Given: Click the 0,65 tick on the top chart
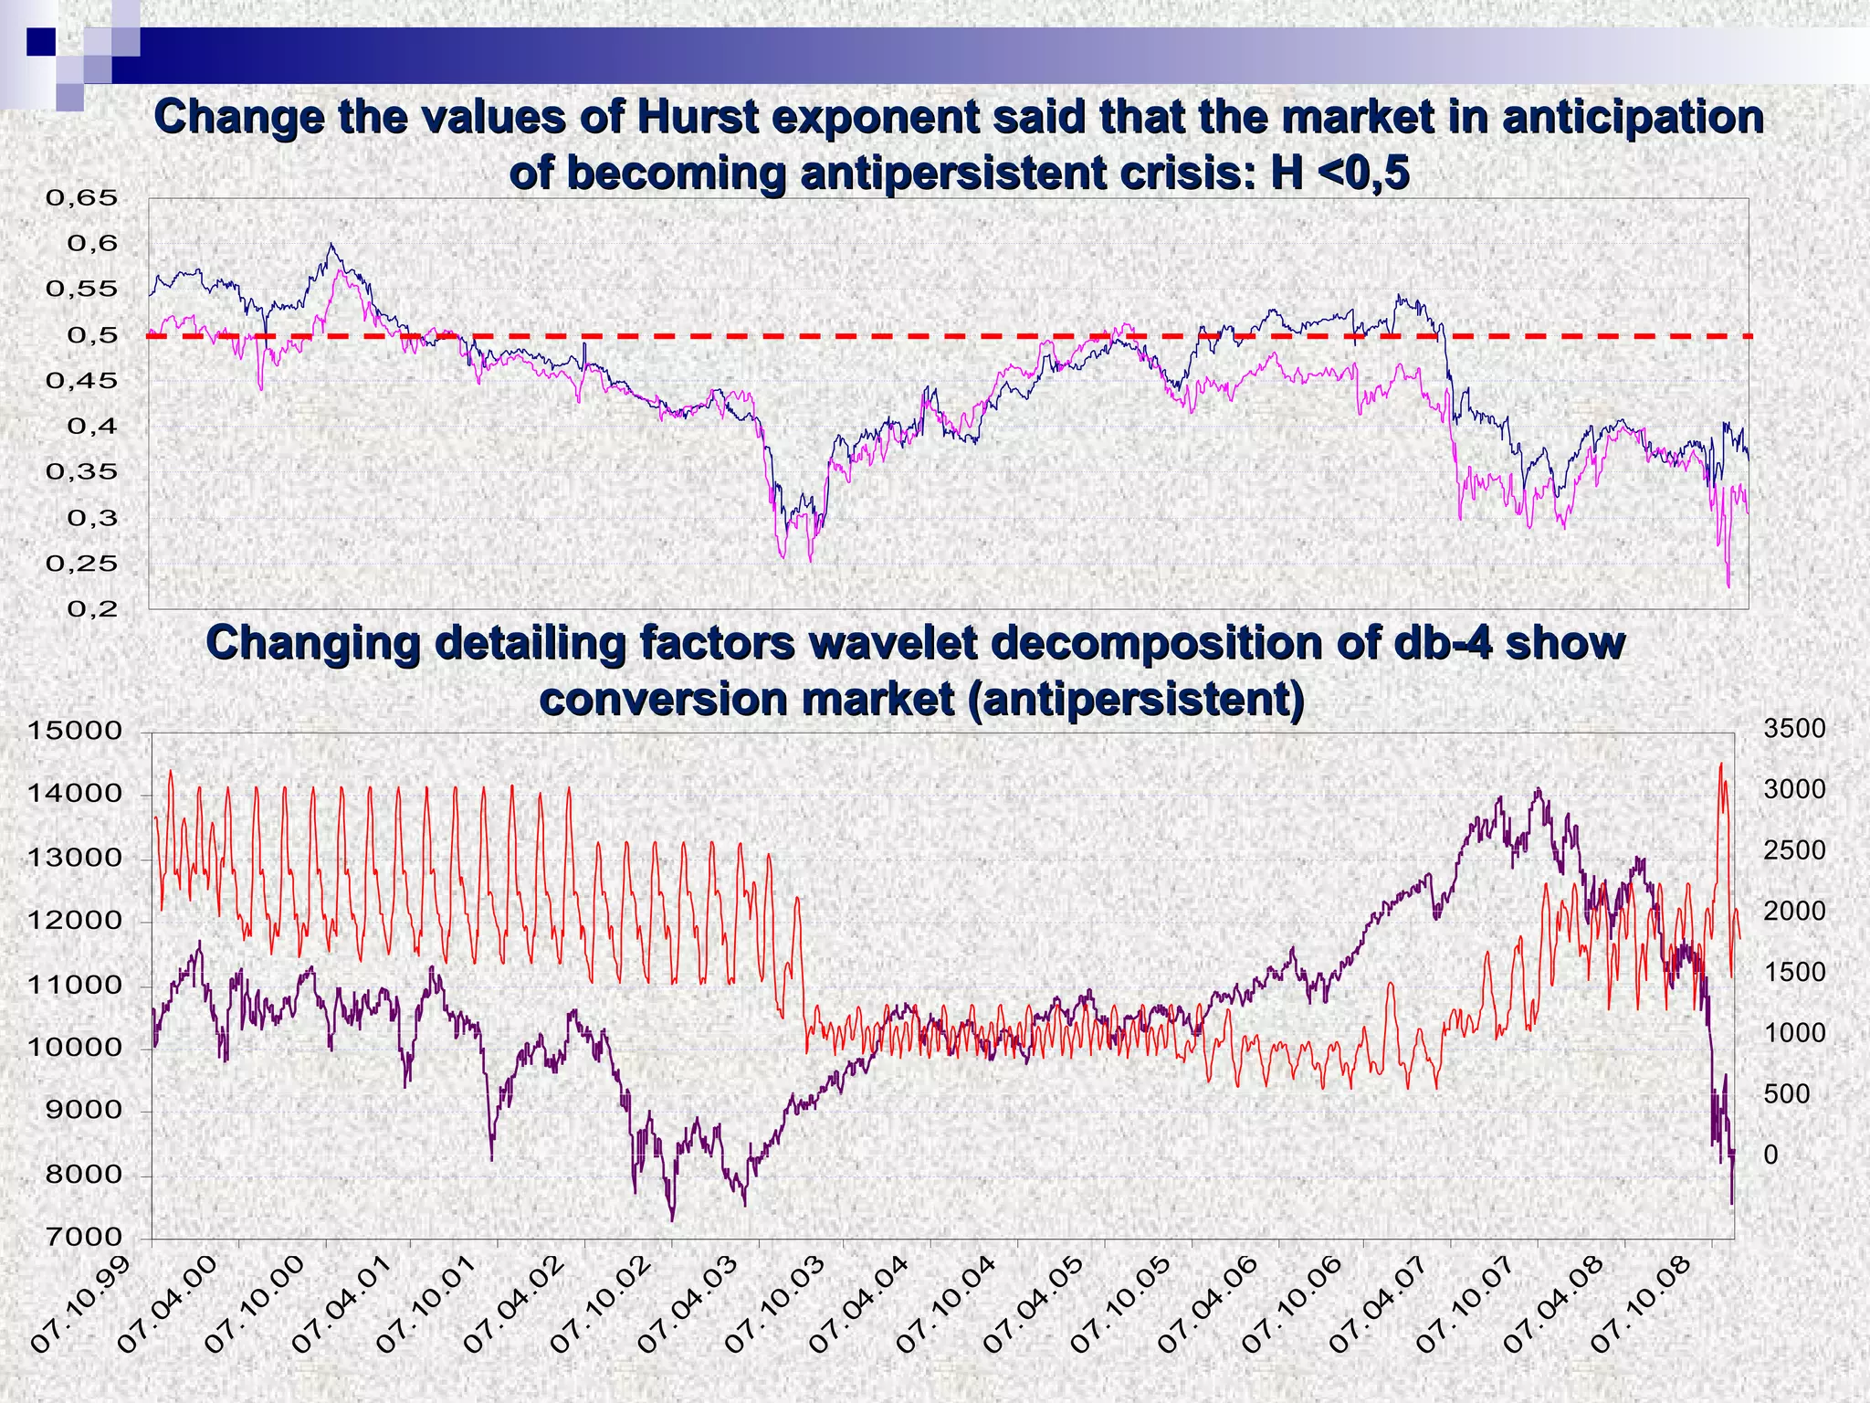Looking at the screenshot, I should pos(82,198).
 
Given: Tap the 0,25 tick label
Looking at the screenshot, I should pos(82,564).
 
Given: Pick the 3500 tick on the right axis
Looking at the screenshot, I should pos(1794,729).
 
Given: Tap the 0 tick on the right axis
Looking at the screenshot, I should pos(1770,1155).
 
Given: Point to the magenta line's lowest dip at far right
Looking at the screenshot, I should pos(1728,585).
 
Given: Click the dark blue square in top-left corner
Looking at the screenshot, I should pos(40,41).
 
